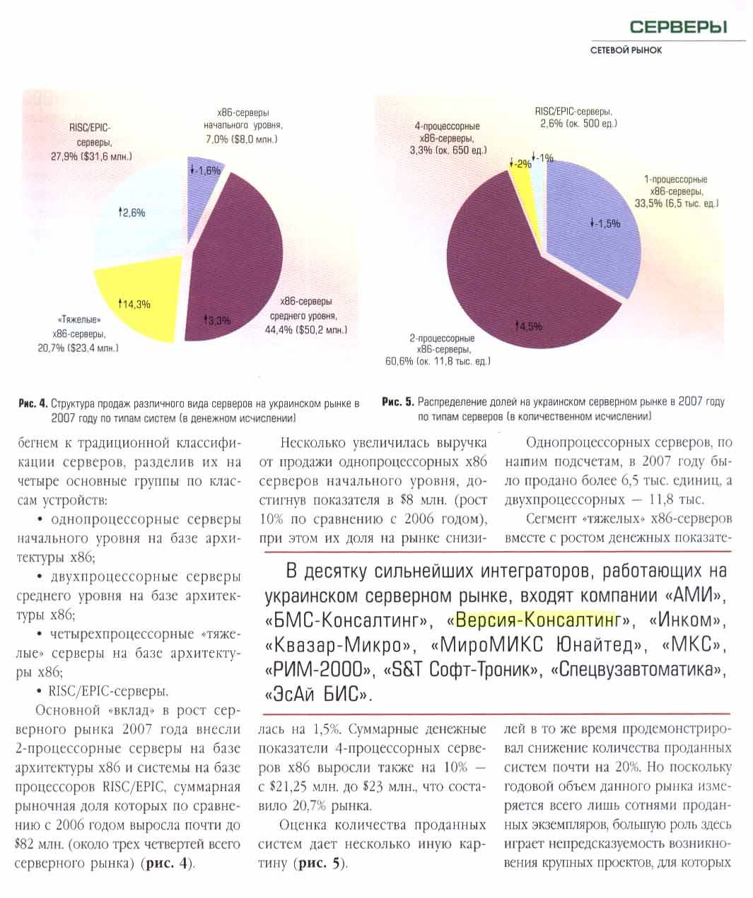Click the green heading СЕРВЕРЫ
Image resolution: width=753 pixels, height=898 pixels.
point(677,28)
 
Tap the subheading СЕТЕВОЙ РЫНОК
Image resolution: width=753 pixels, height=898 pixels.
point(626,50)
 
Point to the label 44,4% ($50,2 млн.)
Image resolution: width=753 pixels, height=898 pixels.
point(308,329)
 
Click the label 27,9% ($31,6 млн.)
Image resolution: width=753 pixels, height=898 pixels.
point(92,156)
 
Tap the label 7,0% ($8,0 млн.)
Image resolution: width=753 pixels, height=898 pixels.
point(242,138)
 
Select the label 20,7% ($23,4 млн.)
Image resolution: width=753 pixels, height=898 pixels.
point(78,348)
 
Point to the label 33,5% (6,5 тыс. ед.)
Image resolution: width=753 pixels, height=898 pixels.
point(677,203)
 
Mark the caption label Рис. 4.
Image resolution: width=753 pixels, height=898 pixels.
point(32,404)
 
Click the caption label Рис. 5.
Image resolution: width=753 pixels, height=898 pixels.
point(397,402)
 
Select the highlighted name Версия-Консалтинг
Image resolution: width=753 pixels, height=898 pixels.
point(536,620)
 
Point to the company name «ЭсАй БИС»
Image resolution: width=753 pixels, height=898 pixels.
point(319,693)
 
